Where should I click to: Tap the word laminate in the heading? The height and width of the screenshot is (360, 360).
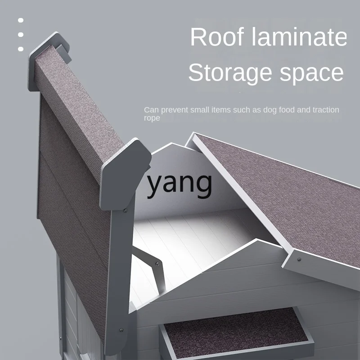tap(299, 38)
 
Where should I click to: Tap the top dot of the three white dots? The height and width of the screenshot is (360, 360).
tap(21, 20)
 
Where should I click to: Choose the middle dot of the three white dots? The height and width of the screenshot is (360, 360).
tap(21, 35)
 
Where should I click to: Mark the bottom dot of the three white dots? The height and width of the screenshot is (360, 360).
tap(21, 49)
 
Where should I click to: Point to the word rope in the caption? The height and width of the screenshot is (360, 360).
tap(152, 118)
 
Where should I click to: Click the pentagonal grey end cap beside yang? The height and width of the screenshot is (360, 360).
tap(125, 173)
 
